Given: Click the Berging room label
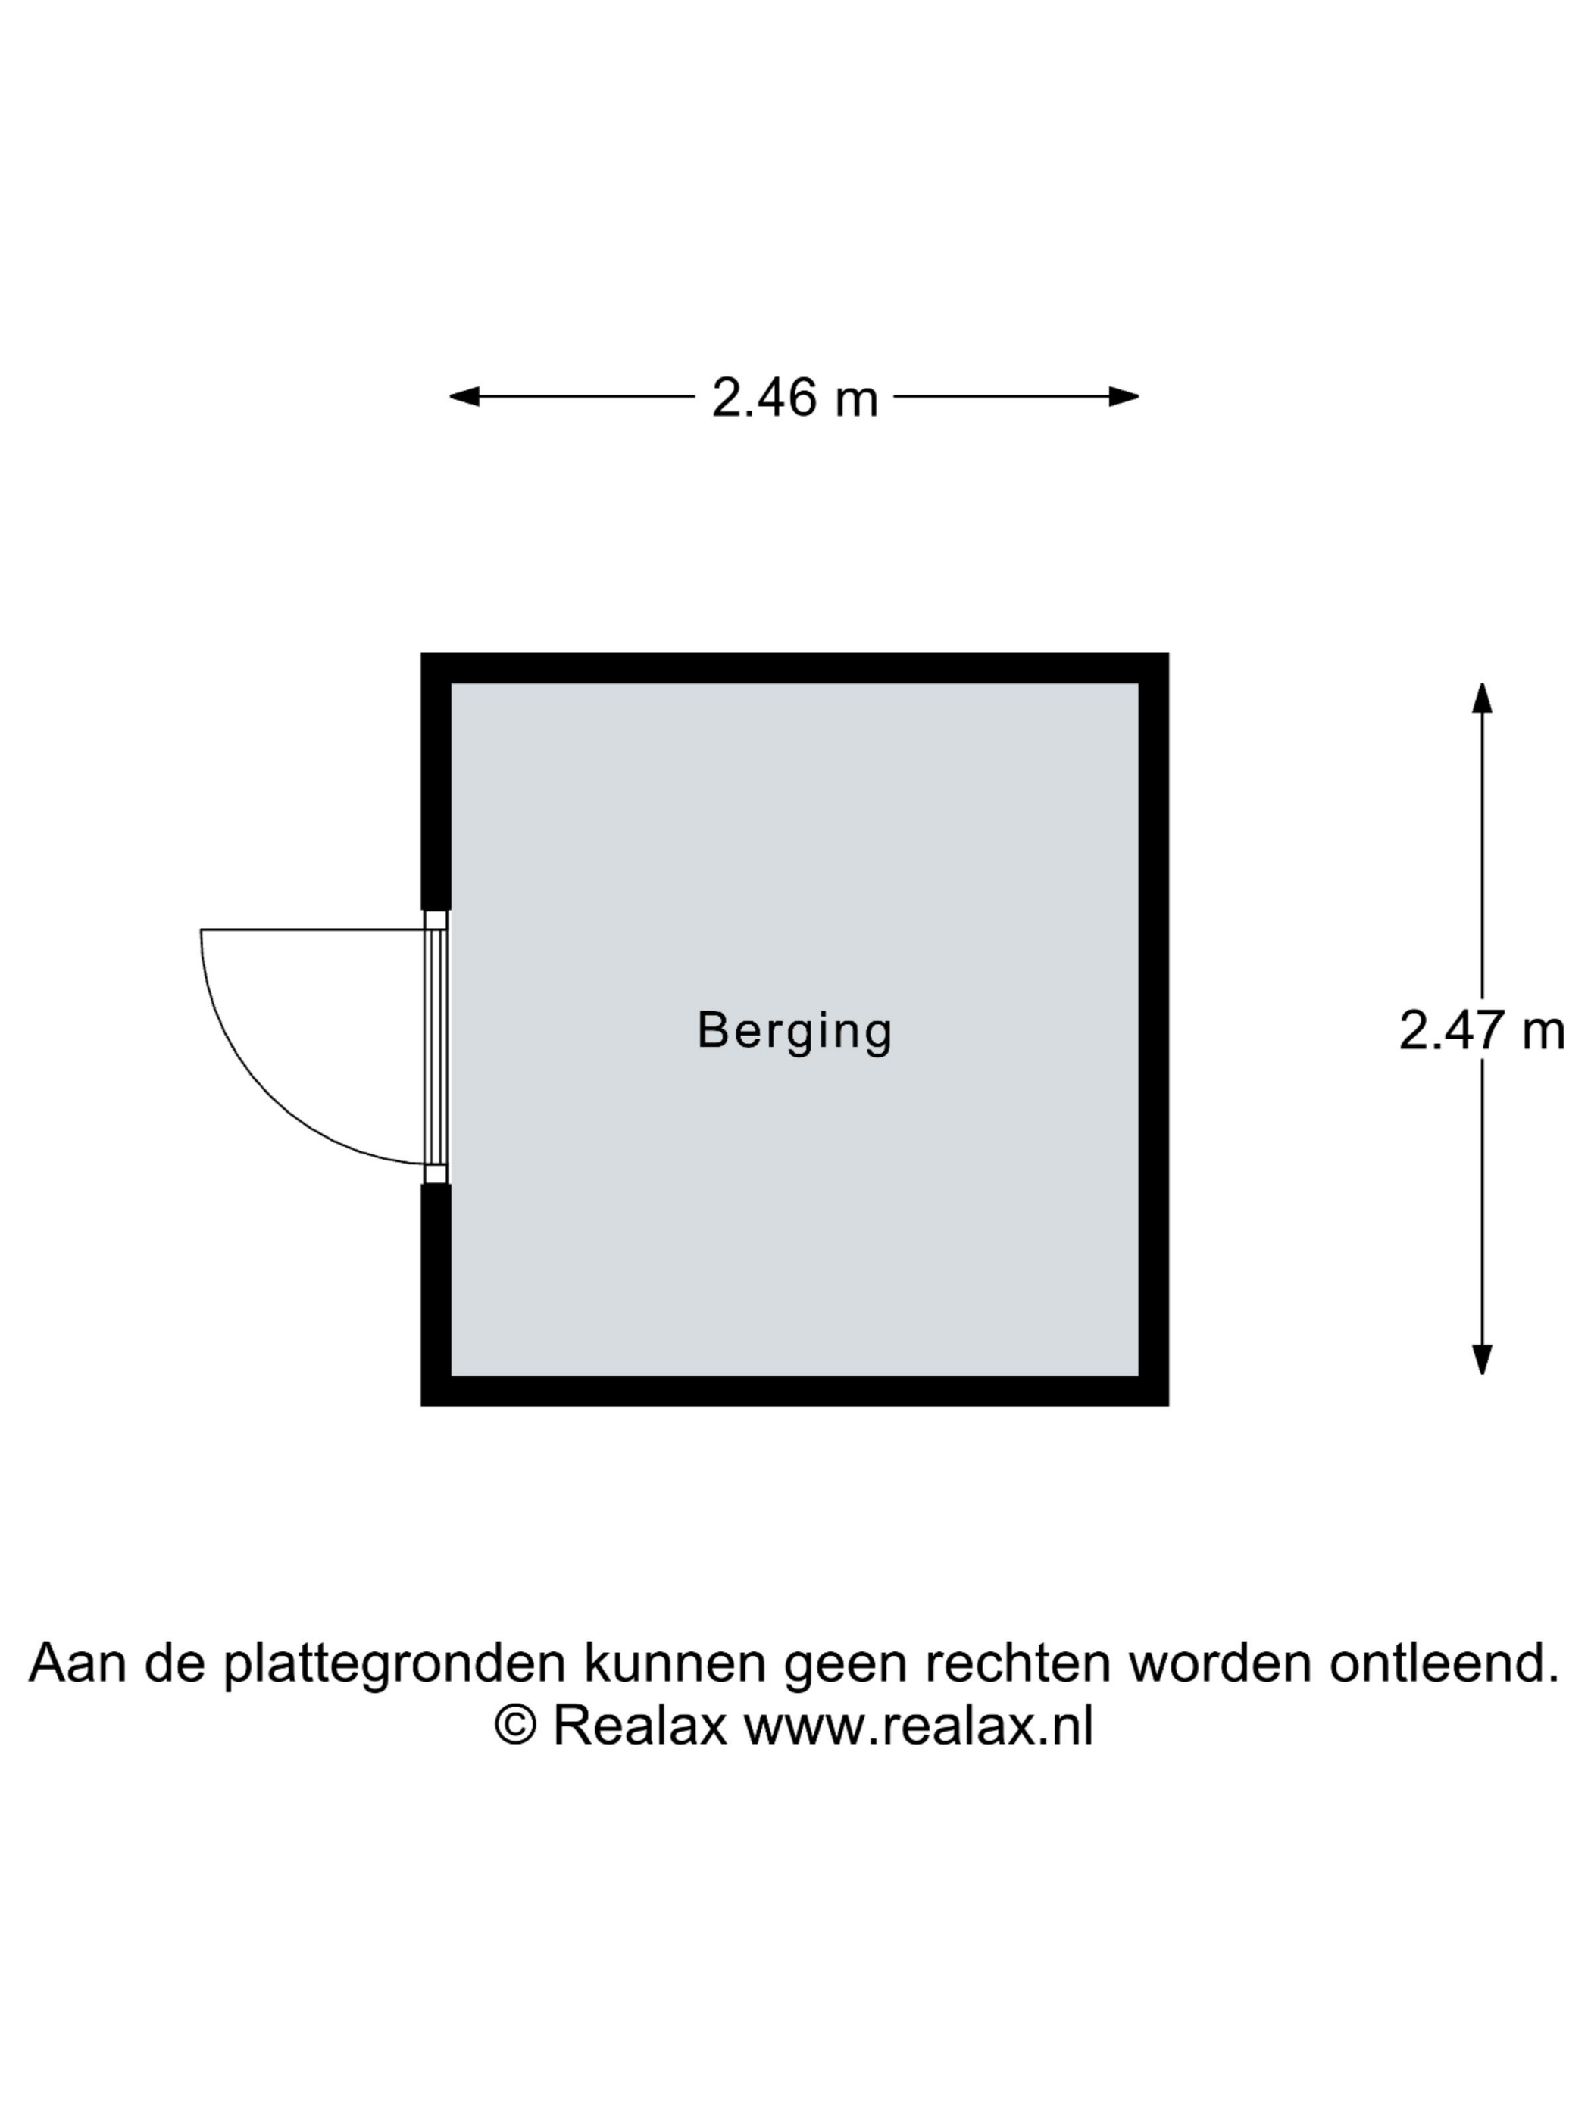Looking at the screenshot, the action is [x=794, y=1032].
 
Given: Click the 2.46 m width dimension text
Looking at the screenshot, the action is [x=794, y=397].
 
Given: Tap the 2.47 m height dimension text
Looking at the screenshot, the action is [x=1482, y=1032].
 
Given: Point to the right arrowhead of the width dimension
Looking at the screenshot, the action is [x=1124, y=396].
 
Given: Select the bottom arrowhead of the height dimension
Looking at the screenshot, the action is [x=1482, y=1360].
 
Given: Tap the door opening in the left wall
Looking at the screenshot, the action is [x=436, y=1047].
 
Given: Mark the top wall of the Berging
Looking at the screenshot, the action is [x=794, y=668].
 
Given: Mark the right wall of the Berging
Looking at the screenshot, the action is [x=1154, y=1029].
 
